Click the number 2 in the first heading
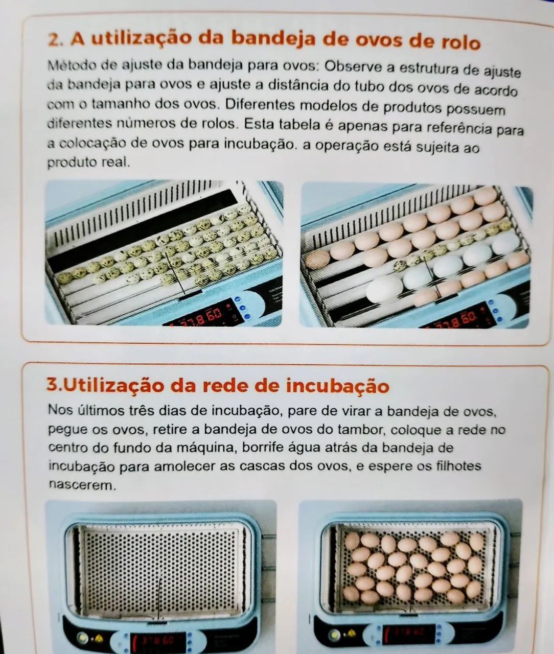[53, 39]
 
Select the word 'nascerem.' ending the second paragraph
[82, 484]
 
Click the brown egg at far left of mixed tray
[317, 259]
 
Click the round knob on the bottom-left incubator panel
[82, 637]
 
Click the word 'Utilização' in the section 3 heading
[113, 385]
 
